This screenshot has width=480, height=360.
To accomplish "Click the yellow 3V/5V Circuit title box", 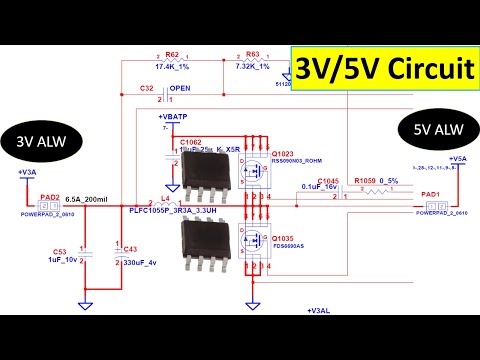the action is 382,69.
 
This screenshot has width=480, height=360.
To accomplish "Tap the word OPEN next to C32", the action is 181,88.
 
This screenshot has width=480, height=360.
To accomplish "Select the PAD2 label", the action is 50,197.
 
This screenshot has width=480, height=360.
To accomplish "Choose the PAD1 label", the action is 430,194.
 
